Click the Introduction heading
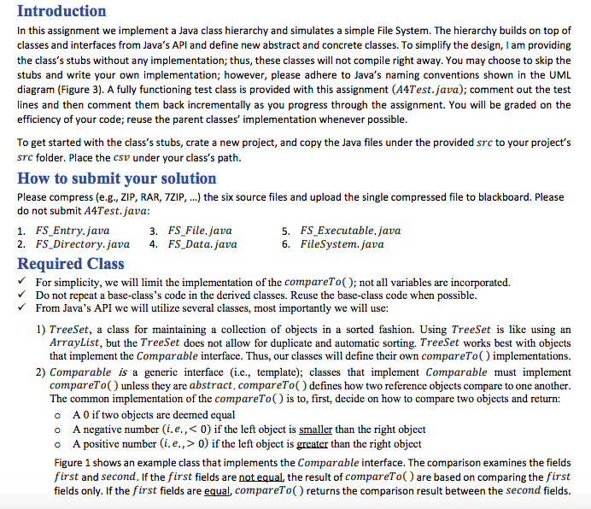tap(61, 11)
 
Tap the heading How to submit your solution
tap(116, 178)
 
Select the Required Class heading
tap(71, 263)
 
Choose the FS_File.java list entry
tap(200, 231)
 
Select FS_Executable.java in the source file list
tap(350, 231)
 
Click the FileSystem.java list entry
tap(342, 243)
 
